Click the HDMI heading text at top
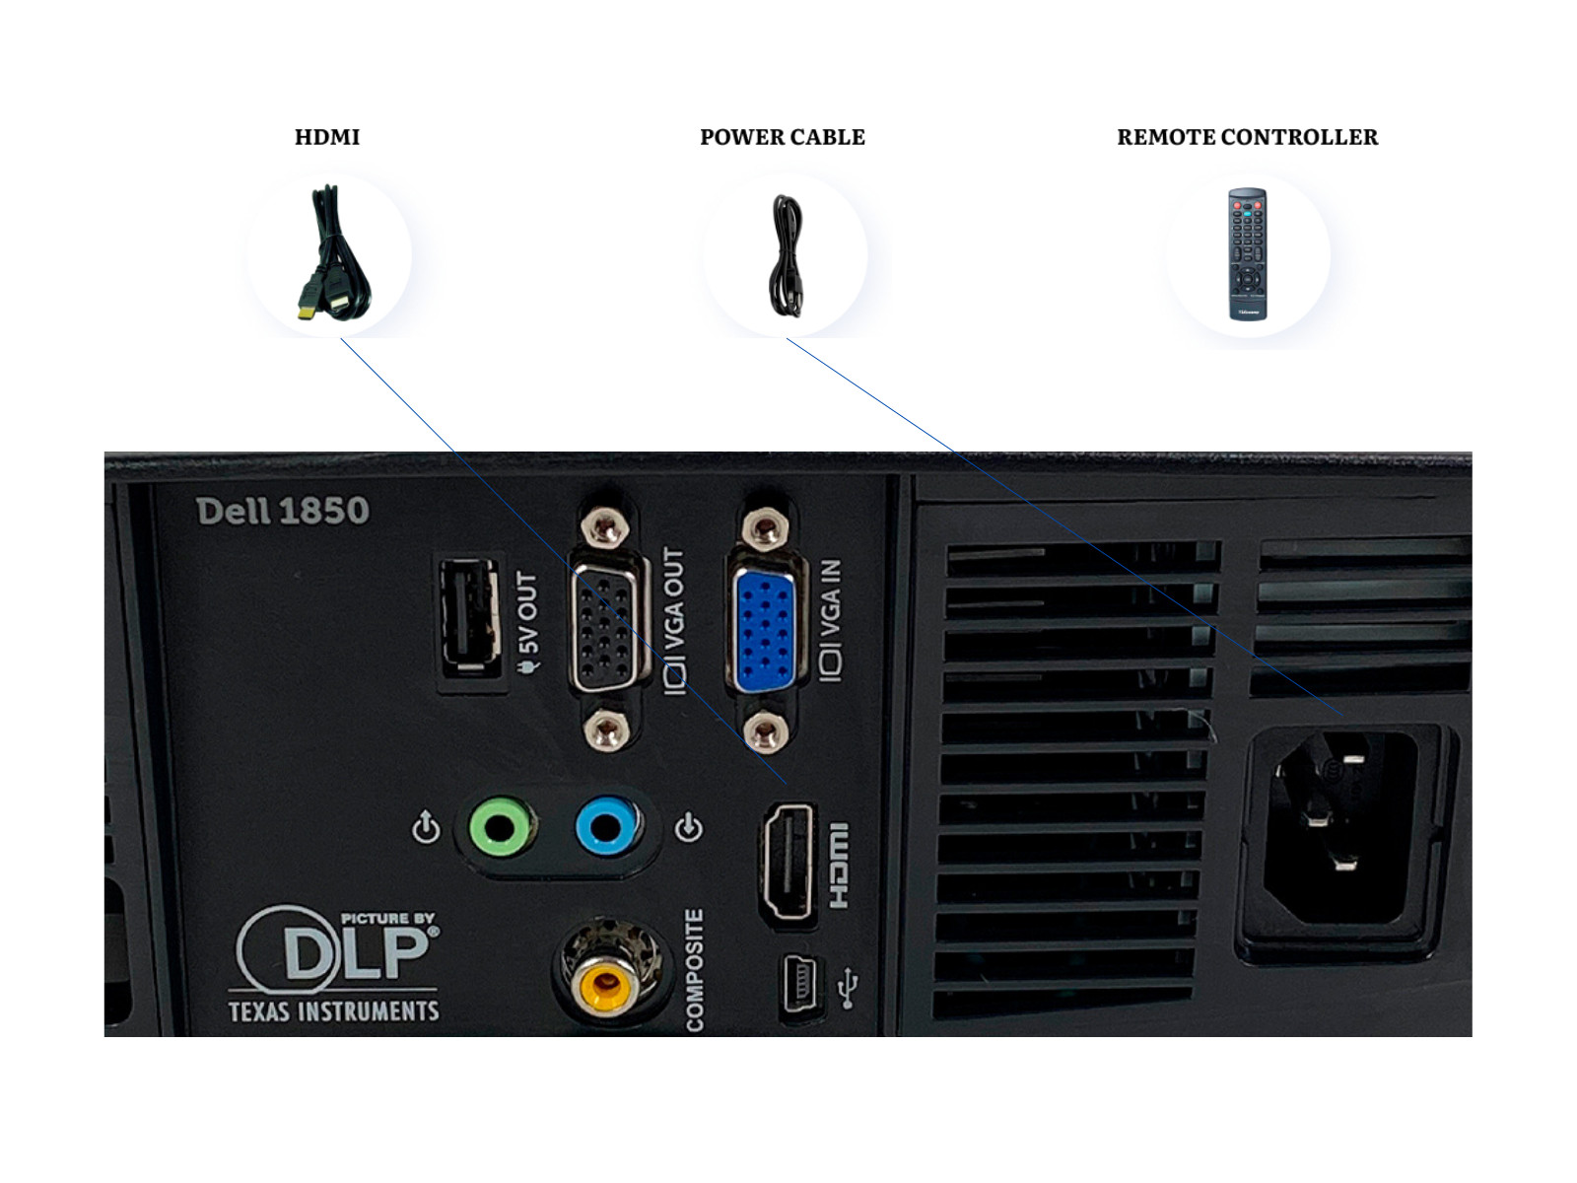(x=327, y=137)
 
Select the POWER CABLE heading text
(x=782, y=137)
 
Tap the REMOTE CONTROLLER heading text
(x=1247, y=137)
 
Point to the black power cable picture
(x=787, y=255)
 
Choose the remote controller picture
(x=1247, y=254)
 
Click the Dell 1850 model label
(x=283, y=511)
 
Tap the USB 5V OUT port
(x=470, y=618)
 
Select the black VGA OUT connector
(x=605, y=631)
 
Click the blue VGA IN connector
(x=764, y=631)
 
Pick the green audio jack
(x=500, y=826)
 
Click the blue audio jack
(x=606, y=826)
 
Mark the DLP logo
(x=335, y=949)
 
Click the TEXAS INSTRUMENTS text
(x=334, y=1011)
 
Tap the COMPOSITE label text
(x=695, y=970)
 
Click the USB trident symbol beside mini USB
(x=847, y=989)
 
